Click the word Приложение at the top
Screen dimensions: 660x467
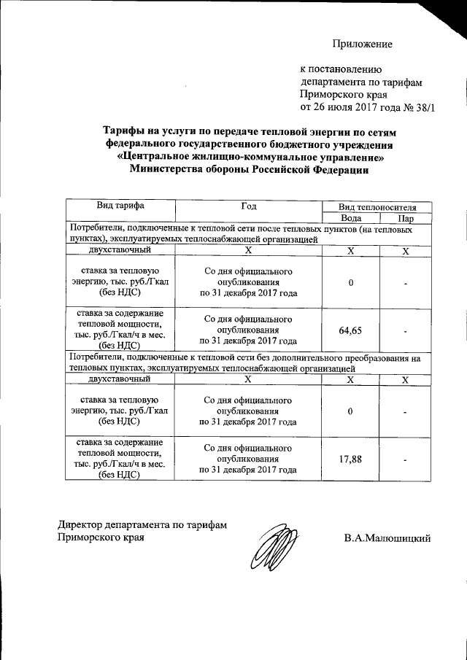click(363, 44)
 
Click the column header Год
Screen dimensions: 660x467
click(247, 207)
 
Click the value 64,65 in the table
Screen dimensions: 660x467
click(350, 330)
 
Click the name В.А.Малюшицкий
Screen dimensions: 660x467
click(388, 538)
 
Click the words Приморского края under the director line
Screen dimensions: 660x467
click(101, 538)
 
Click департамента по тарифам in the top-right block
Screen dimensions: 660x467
click(361, 82)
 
